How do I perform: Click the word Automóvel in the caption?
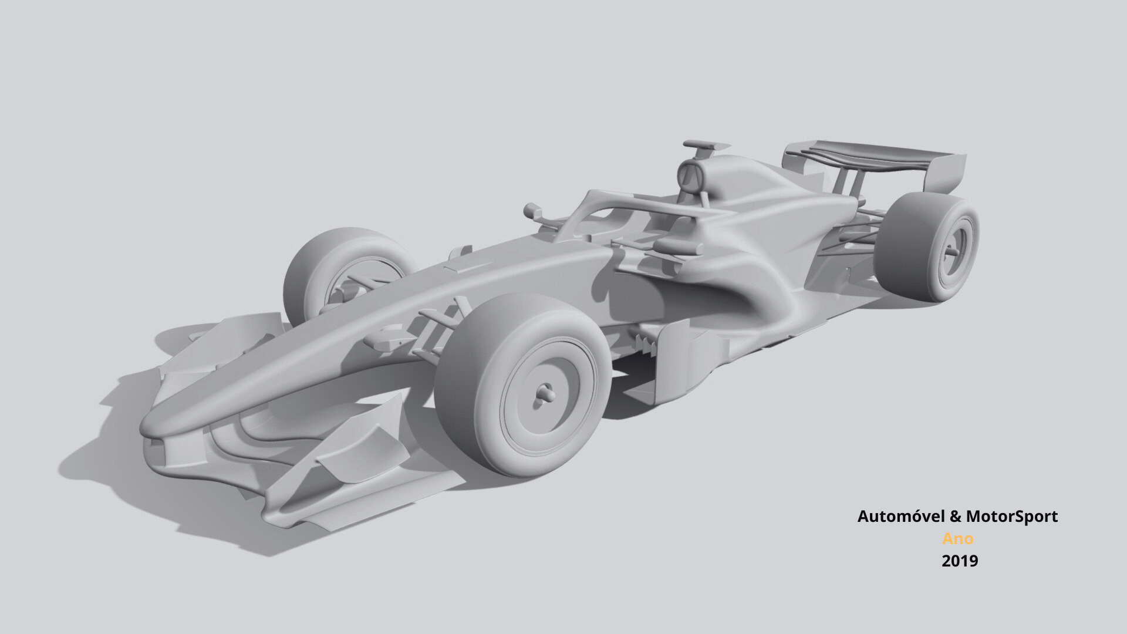[x=901, y=517]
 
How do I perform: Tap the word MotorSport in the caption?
[x=1012, y=517]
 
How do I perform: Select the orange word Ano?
[x=957, y=538]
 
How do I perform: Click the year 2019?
[x=960, y=561]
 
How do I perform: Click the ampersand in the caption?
[x=956, y=517]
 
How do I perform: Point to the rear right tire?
[x=916, y=247]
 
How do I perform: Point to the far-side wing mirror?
[x=533, y=210]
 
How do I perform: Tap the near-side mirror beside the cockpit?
[x=675, y=247]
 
